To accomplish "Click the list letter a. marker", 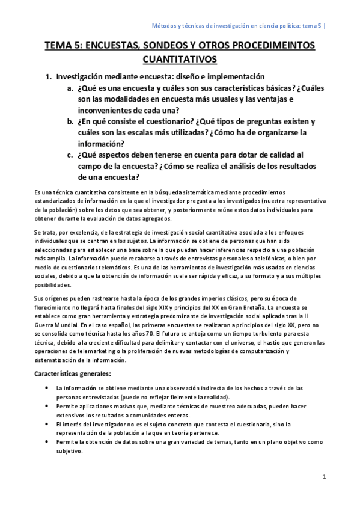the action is (70, 88).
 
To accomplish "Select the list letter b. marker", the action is (70, 121).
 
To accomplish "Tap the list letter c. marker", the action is (70, 155).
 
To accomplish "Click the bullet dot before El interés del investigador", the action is (47, 424).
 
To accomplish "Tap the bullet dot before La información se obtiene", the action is (47, 389).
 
